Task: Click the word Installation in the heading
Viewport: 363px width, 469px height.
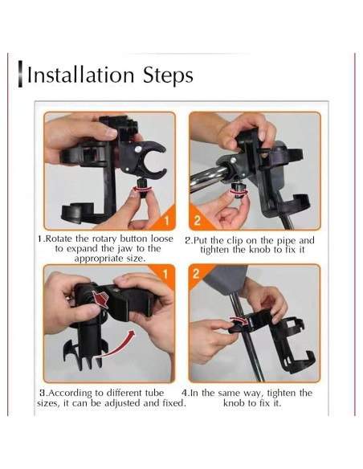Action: [x=80, y=75]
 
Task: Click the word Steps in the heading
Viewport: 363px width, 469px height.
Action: [x=168, y=76]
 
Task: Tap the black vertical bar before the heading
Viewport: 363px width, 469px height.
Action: [x=20, y=74]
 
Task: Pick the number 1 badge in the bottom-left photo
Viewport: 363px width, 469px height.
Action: [x=165, y=274]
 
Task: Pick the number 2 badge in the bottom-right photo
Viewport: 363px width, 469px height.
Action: [x=196, y=273]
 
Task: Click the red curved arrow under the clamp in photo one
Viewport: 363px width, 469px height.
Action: [x=142, y=189]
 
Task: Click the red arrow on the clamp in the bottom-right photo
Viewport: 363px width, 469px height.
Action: [x=239, y=320]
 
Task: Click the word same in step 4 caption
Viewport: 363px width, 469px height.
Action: [x=230, y=393]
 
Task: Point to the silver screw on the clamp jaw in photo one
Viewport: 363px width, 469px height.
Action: [x=138, y=149]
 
